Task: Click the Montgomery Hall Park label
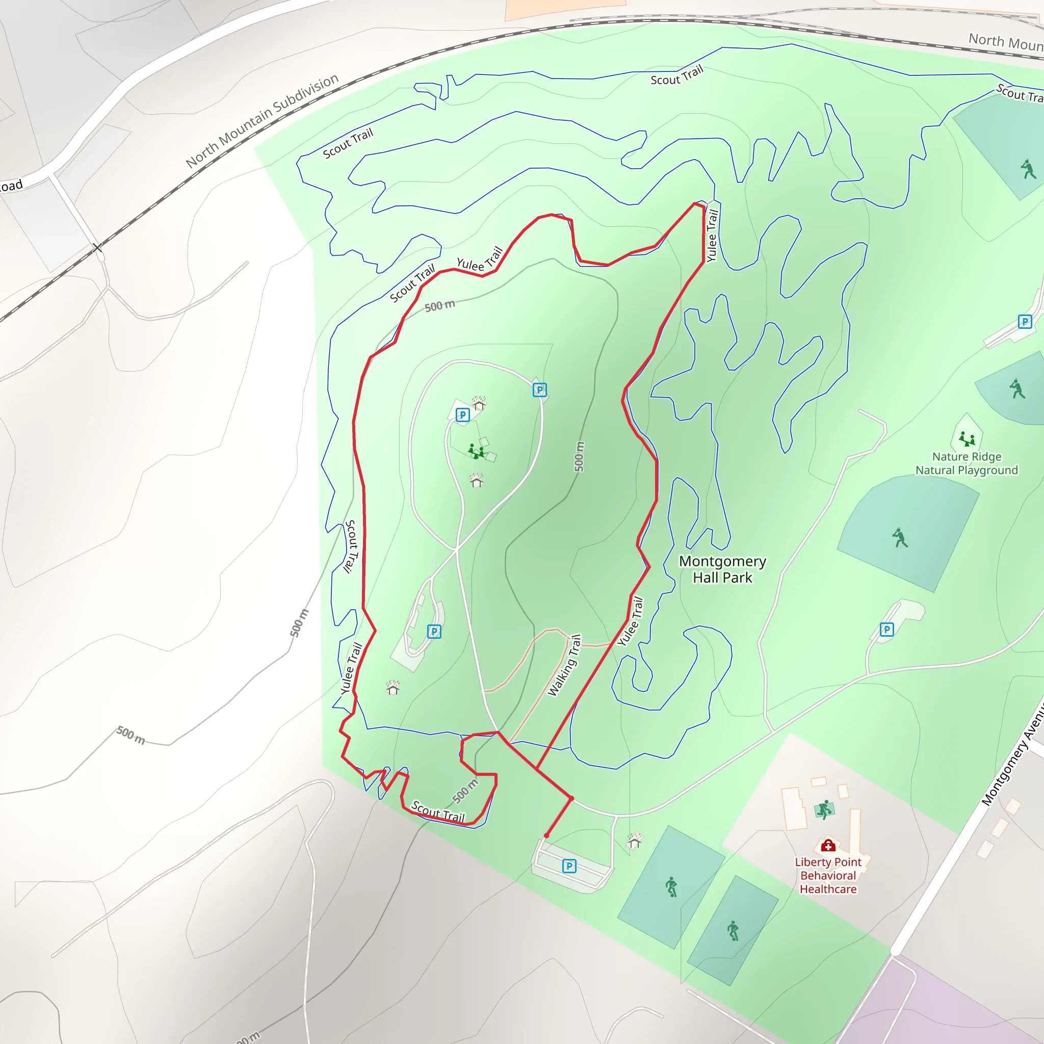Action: [x=722, y=569]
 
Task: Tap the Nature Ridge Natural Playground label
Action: [x=966, y=464]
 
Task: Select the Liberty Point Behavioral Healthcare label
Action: [x=828, y=875]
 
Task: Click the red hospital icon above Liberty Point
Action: [x=828, y=845]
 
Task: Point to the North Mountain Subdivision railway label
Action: [x=262, y=120]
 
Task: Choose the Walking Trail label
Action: [x=564, y=665]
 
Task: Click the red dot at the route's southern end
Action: [x=547, y=836]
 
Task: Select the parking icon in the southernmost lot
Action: [x=569, y=866]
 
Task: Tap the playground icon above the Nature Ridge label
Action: [x=966, y=438]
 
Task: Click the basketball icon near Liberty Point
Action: [x=824, y=810]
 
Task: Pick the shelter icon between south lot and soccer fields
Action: [x=634, y=841]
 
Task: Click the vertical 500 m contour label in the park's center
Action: [x=579, y=457]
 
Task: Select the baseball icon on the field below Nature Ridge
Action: [x=900, y=538]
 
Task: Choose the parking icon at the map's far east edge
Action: [x=1025, y=322]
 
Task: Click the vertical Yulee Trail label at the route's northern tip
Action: [x=712, y=236]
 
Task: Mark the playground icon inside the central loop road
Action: [x=476, y=451]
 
